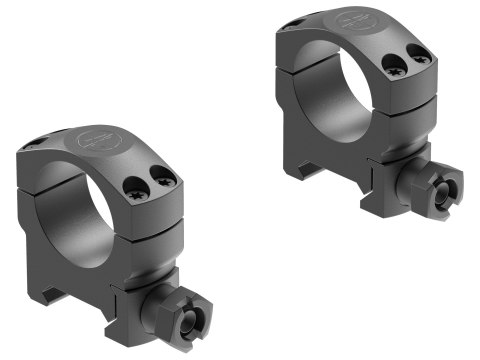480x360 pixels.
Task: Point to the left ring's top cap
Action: point(100,160)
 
